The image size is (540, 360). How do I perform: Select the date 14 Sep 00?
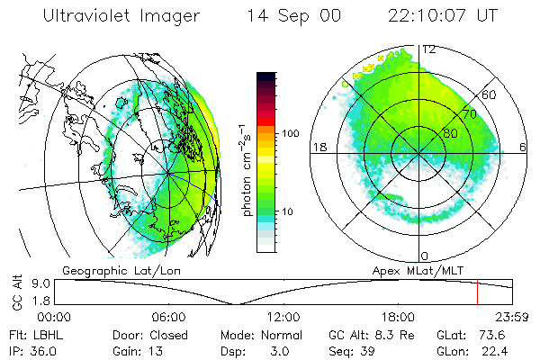pyautogui.click(x=295, y=16)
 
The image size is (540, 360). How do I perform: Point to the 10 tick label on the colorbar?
pyautogui.click(x=290, y=211)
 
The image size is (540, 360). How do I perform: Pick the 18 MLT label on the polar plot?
pyautogui.click(x=319, y=147)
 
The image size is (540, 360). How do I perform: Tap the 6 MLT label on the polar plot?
pyautogui.click(x=524, y=147)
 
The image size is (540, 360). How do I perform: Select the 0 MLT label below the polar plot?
pyautogui.click(x=425, y=256)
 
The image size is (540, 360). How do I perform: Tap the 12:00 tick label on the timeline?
pyautogui.click(x=284, y=317)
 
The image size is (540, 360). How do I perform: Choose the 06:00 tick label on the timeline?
pyautogui.click(x=169, y=317)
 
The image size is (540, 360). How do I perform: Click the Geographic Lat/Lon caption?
pyautogui.click(x=110, y=269)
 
